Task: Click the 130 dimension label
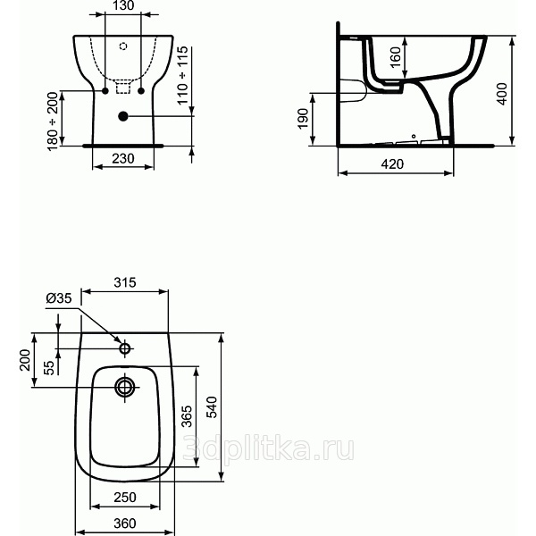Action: click(x=123, y=5)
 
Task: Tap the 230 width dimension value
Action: click(x=123, y=159)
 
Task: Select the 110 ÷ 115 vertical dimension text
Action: click(x=182, y=75)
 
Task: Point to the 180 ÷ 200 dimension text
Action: click(x=53, y=121)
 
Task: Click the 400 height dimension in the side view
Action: click(x=501, y=94)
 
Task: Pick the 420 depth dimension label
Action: click(x=392, y=164)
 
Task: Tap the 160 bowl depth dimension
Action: click(x=395, y=58)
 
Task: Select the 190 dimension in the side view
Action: click(x=303, y=119)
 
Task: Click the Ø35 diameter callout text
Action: click(x=59, y=298)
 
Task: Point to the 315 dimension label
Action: click(x=125, y=282)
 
